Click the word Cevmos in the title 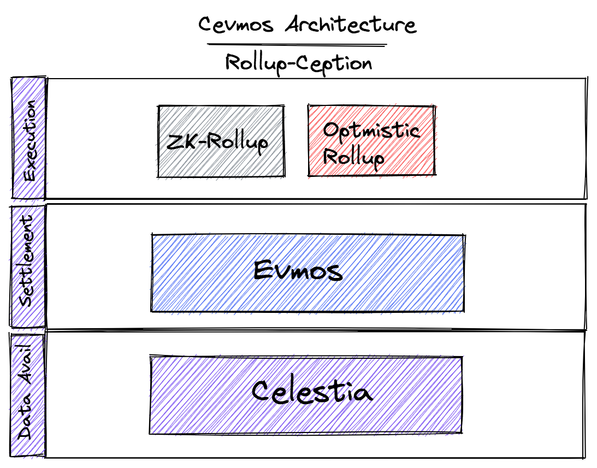[x=235, y=25]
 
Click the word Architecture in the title [x=351, y=25]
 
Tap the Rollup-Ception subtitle [x=298, y=64]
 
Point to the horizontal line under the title [x=297, y=45]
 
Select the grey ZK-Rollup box [x=221, y=141]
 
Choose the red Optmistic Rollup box [x=371, y=140]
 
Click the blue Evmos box [x=308, y=273]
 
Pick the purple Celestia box [x=306, y=394]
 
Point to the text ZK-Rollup [x=217, y=143]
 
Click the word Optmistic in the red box [x=371, y=131]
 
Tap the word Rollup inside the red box [x=353, y=157]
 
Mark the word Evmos [x=298, y=271]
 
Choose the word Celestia [x=312, y=392]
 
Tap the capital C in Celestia [x=263, y=390]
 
